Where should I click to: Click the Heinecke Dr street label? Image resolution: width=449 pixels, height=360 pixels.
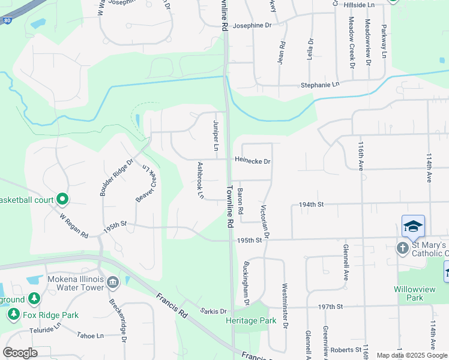[253, 161]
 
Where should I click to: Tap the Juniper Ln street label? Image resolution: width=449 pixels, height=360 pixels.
[215, 135]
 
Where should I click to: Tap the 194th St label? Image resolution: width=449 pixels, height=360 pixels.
[312, 205]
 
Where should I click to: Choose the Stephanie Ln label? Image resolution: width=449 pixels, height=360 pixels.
[320, 85]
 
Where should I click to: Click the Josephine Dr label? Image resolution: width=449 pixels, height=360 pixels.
[252, 26]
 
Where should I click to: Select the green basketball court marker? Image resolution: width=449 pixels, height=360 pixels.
[62, 199]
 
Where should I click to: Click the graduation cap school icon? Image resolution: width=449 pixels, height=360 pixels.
[413, 226]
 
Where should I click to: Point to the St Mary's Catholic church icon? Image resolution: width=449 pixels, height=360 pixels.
[402, 248]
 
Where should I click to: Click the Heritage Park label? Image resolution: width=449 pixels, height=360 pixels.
[251, 321]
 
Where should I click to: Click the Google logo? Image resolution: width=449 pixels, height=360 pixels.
[20, 353]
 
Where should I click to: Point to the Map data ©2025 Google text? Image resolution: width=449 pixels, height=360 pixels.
[412, 355]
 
